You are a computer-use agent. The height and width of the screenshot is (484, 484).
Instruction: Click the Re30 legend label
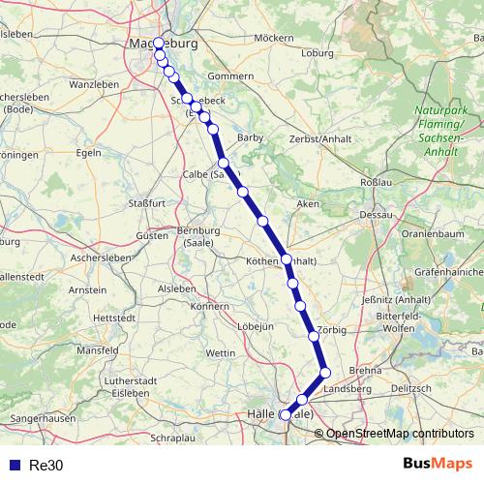pos(45,465)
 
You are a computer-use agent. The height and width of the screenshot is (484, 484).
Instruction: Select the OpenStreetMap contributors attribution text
pos(400,433)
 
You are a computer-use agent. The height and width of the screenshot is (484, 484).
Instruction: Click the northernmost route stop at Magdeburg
pos(159,44)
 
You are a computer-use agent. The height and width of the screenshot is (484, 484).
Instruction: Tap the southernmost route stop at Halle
pos(285,415)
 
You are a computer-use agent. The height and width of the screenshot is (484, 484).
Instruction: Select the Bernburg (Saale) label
pos(199,235)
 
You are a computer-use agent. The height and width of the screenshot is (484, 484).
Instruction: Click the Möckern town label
pos(273,38)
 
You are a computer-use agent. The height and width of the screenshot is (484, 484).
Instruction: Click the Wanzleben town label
pos(93,85)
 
